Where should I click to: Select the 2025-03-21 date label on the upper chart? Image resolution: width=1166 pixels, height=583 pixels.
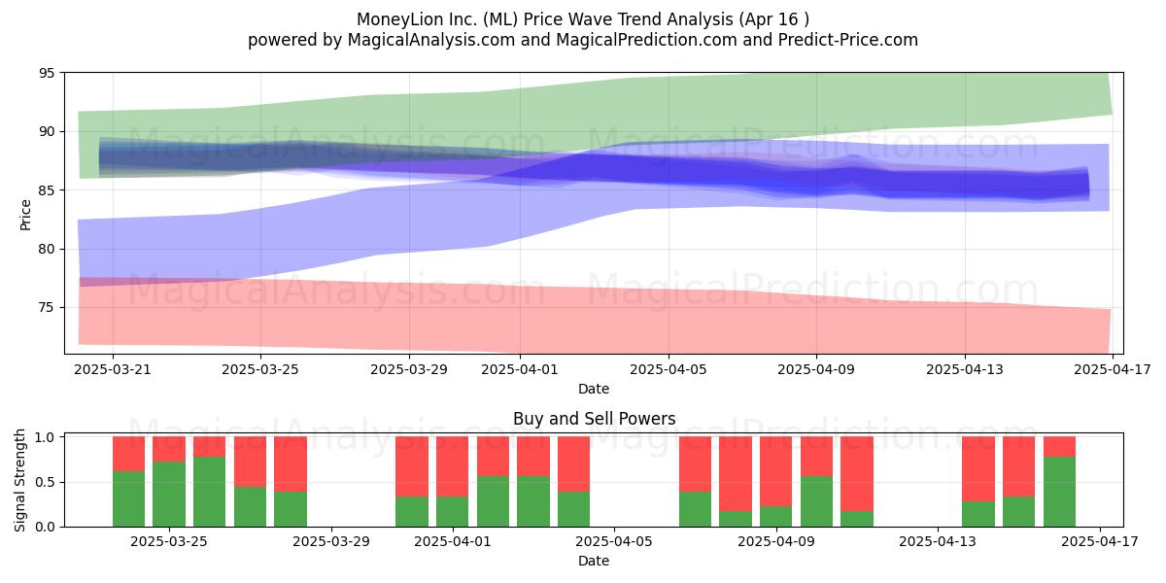(x=113, y=369)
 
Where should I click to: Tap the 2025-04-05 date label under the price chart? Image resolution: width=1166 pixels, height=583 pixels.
(x=669, y=369)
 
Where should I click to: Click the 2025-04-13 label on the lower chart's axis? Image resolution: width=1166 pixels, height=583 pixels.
(x=938, y=541)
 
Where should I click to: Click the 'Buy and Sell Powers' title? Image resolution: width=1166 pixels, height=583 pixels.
(x=594, y=419)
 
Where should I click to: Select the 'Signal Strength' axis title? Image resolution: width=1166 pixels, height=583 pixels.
(x=19, y=480)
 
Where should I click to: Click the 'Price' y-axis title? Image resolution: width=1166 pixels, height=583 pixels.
(x=25, y=215)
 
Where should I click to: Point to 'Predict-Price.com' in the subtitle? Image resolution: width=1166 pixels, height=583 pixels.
(x=848, y=40)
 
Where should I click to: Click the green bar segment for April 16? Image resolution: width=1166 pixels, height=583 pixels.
(x=1059, y=492)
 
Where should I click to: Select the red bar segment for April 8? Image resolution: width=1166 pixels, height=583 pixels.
(x=735, y=474)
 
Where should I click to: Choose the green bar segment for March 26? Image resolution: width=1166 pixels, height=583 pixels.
(x=209, y=492)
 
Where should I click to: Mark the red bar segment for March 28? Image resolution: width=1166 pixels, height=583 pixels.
(x=291, y=464)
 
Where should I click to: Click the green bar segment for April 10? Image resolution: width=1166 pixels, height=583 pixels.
(x=816, y=501)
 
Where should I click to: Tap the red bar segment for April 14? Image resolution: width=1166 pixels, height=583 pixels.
(x=978, y=469)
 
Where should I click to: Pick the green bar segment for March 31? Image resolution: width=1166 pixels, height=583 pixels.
(x=412, y=512)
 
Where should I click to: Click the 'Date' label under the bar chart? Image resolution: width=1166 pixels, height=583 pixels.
(x=594, y=561)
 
